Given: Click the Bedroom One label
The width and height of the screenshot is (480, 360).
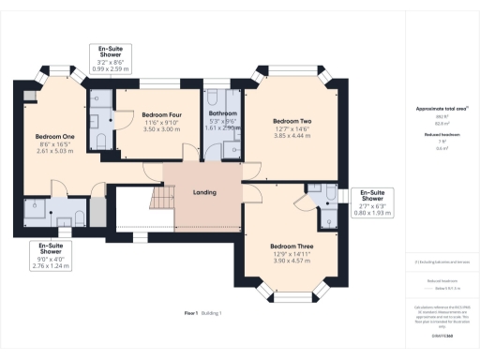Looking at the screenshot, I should [48, 137].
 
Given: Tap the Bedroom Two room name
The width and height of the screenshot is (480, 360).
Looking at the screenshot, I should [292, 121].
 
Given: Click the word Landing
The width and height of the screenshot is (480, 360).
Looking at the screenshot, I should [204, 192].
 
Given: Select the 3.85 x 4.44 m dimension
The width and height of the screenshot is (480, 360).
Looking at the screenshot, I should [292, 136].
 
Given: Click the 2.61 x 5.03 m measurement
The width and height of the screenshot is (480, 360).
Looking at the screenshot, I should [48, 151].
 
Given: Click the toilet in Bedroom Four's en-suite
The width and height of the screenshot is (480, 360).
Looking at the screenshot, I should [100, 140].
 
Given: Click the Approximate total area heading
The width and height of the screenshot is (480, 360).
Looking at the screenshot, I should [441, 109].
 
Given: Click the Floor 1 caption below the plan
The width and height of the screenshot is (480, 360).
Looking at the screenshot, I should [190, 311].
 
